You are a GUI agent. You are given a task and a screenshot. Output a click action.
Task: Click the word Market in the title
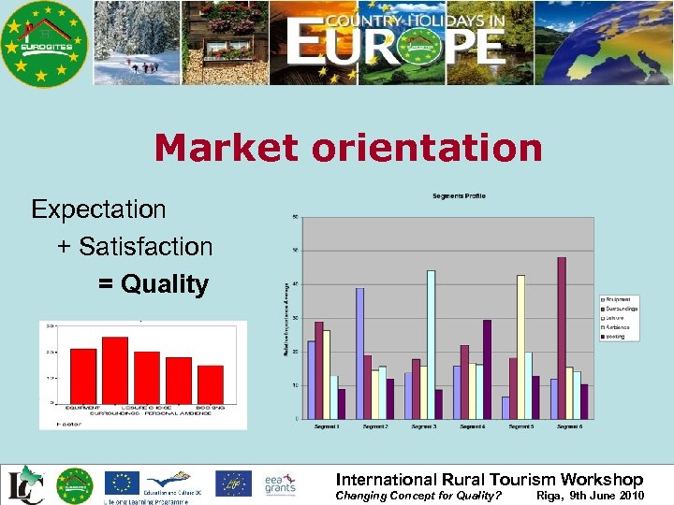click(x=220, y=148)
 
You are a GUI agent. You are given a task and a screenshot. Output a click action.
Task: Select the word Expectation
click(x=98, y=209)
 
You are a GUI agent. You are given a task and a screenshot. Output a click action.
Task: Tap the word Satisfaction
click(x=146, y=247)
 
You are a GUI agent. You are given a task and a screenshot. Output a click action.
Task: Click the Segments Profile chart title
click(x=458, y=195)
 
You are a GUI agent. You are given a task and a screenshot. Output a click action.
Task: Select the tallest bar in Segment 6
click(x=562, y=338)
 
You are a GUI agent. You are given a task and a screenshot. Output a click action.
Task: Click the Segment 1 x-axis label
click(x=326, y=426)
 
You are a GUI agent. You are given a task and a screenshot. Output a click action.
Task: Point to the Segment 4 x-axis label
click(x=472, y=426)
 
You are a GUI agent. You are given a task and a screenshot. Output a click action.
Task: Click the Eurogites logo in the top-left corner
click(x=44, y=43)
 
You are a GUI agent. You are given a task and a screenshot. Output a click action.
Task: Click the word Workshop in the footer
click(x=602, y=480)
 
